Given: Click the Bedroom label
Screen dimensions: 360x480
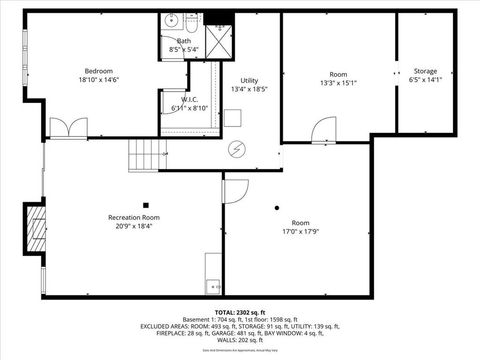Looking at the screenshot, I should (98, 71).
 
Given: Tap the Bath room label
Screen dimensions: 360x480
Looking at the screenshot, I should (184, 40).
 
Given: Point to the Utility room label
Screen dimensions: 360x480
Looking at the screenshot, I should (250, 81).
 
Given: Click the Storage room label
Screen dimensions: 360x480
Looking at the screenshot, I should (426, 71).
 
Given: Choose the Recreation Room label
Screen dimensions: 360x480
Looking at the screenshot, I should (134, 217).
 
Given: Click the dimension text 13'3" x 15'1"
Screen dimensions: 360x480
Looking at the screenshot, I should (338, 84).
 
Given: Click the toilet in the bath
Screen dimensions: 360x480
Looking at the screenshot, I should (192, 19).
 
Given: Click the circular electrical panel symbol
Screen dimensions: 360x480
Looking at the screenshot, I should (238, 149).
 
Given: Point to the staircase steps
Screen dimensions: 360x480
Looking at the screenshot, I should (144, 154).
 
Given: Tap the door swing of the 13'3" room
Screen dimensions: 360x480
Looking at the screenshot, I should (322, 129).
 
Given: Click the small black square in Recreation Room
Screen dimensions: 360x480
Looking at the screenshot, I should (145, 203).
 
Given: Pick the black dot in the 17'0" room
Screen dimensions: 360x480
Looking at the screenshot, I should (278, 208).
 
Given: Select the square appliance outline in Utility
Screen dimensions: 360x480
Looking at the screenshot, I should (233, 118).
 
